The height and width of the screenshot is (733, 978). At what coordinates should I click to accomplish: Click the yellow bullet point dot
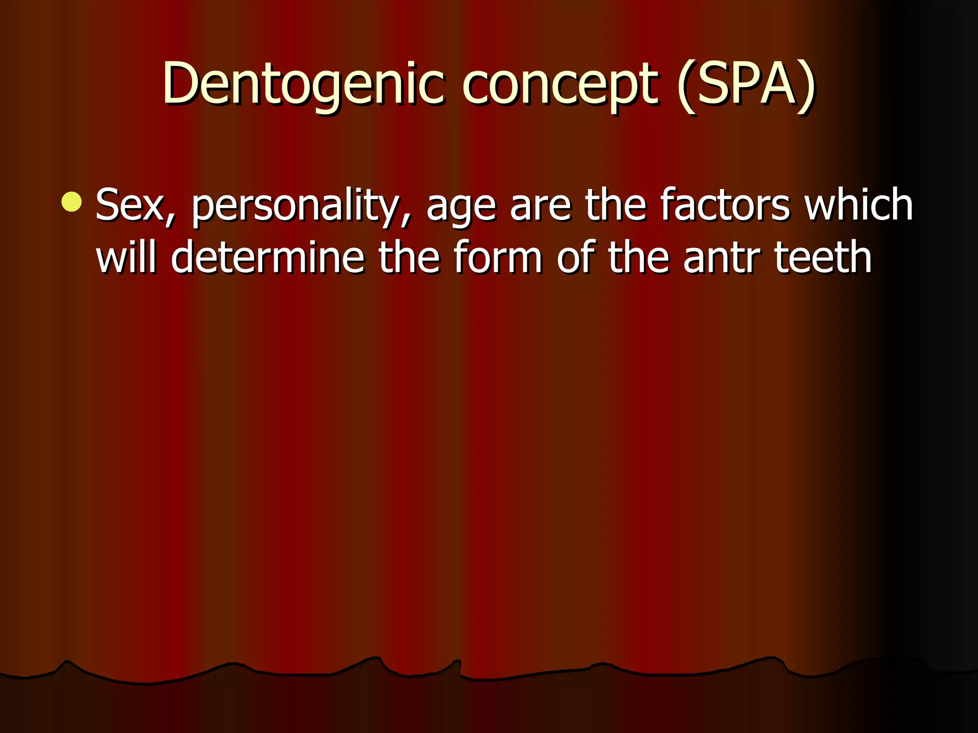pyautogui.click(x=72, y=201)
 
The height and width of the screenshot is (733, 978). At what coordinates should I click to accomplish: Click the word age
pyautogui.click(x=461, y=206)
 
